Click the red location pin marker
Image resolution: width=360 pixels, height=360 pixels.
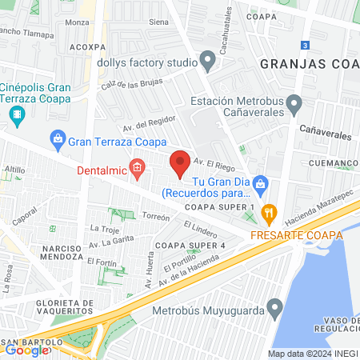pyautogui.click(x=180, y=163)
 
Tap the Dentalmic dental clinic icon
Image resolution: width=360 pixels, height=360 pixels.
pyautogui.click(x=138, y=168)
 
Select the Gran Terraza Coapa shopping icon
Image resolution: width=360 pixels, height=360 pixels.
pyautogui.click(x=58, y=141)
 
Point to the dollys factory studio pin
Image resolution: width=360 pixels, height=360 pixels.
pyautogui.click(x=208, y=61)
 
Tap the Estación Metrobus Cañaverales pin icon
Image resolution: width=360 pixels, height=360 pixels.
pyautogui.click(x=294, y=102)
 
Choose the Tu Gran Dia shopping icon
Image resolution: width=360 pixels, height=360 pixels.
pyautogui.click(x=261, y=185)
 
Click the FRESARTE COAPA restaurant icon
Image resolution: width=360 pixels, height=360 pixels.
pyautogui.click(x=268, y=214)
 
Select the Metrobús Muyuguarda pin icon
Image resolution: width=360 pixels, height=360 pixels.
pyautogui.click(x=274, y=308)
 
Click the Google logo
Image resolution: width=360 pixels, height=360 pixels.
pyautogui.click(x=26, y=349)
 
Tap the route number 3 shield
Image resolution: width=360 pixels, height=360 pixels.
pyautogui.click(x=305, y=45)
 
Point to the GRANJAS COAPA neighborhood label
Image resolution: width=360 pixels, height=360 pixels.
pyautogui.click(x=308, y=62)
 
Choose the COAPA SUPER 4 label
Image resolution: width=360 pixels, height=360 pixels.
pyautogui.click(x=190, y=244)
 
